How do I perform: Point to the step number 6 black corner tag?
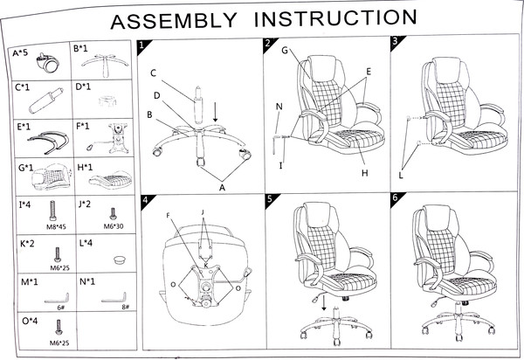[x=395, y=199]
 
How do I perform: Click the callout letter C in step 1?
[x=153, y=73]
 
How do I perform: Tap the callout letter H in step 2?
[x=365, y=173]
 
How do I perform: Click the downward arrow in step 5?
[x=325, y=303]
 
